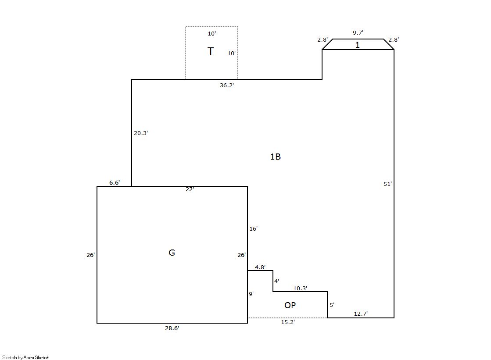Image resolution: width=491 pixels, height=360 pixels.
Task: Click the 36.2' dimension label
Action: pos(227,85)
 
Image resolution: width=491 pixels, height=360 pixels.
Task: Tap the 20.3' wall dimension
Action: pos(141,133)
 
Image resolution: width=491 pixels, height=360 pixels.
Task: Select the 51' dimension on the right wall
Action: pos(387,184)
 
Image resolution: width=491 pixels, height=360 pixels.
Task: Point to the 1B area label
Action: pos(276,157)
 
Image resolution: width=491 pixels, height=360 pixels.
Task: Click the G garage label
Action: pos(172,253)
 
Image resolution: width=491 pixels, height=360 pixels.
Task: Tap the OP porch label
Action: pos(290,305)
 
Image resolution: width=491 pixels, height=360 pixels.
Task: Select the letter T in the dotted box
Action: pos(211,51)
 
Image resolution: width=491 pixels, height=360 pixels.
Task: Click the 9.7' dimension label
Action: pos(358,32)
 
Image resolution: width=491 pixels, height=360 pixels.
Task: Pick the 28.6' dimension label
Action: pos(172,328)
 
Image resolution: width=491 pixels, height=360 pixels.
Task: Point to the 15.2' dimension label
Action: pos(288,322)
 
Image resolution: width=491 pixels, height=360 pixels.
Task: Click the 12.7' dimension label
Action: pos(361,314)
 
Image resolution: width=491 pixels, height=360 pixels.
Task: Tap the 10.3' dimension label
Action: pos(300,289)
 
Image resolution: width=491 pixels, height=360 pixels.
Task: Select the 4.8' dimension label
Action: pos(260,267)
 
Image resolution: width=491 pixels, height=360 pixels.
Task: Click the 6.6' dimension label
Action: pos(115,182)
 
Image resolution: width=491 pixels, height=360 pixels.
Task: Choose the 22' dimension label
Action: pos(190,189)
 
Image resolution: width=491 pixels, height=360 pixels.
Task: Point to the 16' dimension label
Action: pos(253,229)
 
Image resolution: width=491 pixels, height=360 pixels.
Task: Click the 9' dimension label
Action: pos(251,294)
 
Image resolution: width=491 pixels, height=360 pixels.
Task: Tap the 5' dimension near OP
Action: pos(332,305)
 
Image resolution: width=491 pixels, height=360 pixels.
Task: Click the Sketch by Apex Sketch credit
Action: pos(26,357)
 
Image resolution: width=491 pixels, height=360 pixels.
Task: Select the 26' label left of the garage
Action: pos(90,255)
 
